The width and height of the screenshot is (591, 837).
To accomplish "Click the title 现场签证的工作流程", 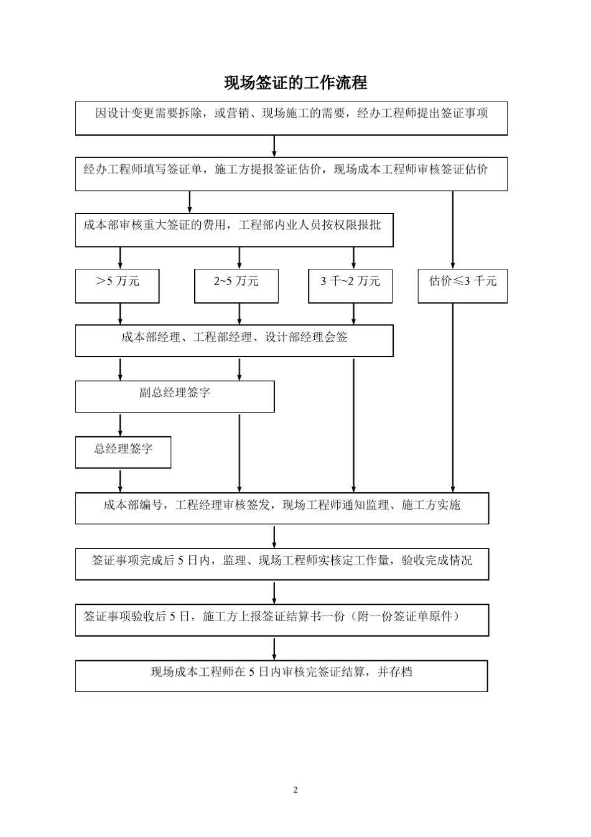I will (x=295, y=83).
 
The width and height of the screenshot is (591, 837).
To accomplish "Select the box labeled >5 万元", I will (x=118, y=286).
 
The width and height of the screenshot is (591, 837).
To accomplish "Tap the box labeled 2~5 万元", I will (x=236, y=286).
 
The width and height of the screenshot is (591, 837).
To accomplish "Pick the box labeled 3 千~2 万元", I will (x=350, y=286).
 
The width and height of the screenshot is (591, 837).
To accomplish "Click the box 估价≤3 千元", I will (x=462, y=286).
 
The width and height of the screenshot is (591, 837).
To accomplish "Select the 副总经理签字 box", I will (x=175, y=396).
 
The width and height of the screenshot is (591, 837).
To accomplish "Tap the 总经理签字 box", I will (x=123, y=452).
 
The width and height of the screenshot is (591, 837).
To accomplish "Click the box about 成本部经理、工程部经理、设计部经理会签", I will (x=234, y=340).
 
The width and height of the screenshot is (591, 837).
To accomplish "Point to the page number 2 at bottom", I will (x=295, y=790).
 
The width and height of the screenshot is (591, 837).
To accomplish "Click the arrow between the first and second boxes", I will (x=274, y=146).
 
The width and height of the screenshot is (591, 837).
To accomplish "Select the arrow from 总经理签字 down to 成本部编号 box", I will (x=120, y=480).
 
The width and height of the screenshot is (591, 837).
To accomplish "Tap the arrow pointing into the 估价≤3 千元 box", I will (x=453, y=230).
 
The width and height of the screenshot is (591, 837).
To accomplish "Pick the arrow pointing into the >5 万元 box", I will (x=120, y=258).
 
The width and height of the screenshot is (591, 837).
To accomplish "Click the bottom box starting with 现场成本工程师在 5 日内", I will (x=281, y=675).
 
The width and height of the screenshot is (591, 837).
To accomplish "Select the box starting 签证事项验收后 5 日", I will (x=282, y=620).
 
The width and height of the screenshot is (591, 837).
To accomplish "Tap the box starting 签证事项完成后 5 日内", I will (x=282, y=564).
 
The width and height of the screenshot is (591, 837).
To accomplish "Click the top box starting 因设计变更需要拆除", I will (x=291, y=118).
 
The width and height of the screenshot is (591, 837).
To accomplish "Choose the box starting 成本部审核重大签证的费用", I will (x=234, y=230).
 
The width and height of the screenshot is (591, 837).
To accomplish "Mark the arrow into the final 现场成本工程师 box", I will (x=274, y=648).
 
